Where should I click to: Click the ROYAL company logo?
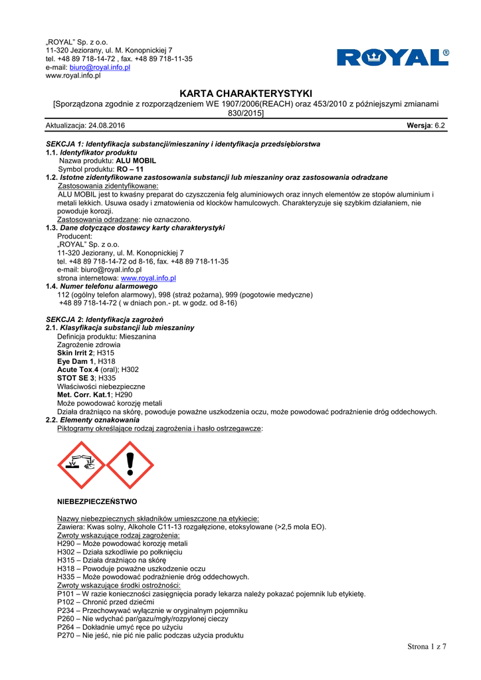point(393,58)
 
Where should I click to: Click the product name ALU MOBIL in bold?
point(136,161)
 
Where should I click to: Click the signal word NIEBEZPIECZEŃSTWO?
point(98,501)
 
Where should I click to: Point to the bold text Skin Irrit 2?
point(75,353)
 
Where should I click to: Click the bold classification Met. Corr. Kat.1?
point(84,395)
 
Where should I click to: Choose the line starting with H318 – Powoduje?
point(132,568)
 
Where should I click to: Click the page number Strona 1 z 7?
point(426,647)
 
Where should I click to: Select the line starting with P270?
point(151,636)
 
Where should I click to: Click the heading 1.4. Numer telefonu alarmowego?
point(106,286)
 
